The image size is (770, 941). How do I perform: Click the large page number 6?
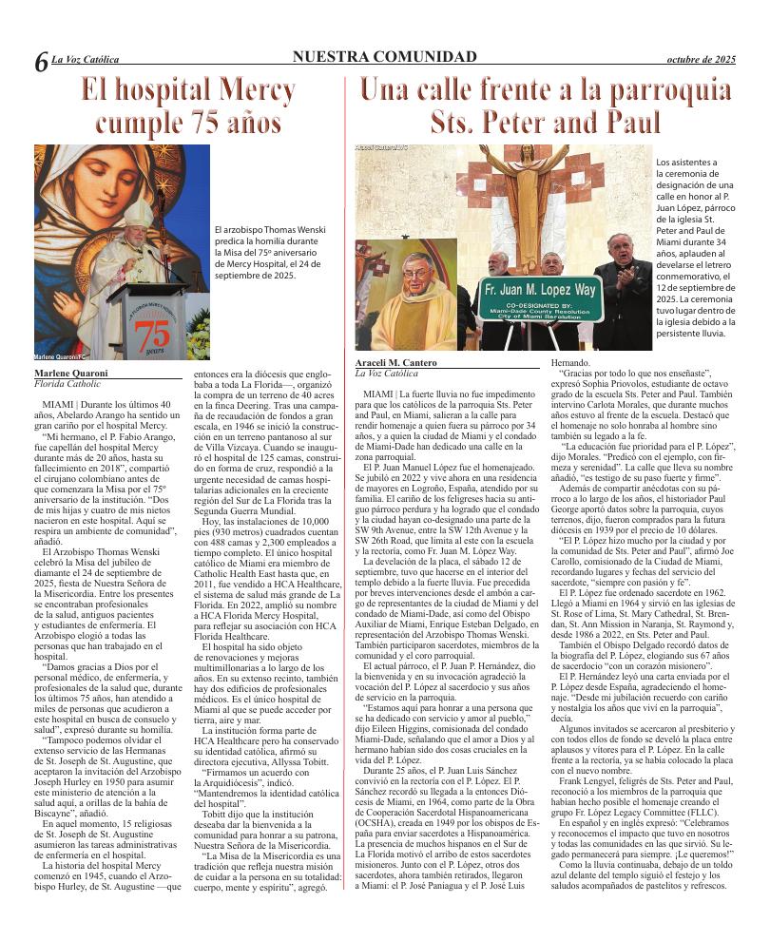coord(41,64)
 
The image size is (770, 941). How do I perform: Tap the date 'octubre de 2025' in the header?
coord(703,59)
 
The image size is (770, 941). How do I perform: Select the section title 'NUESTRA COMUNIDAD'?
coord(385,58)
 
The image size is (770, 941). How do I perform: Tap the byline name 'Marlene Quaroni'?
coord(71,374)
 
